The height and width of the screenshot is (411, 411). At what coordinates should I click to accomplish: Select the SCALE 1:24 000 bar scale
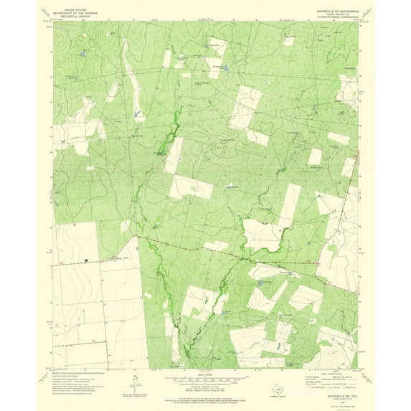205,377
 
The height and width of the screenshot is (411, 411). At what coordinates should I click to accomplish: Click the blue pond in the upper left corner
84,54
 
